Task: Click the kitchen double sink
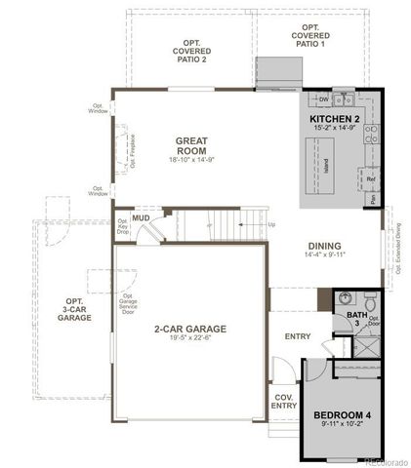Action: pyautogui.click(x=343, y=99)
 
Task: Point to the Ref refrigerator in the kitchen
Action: pyautogui.click(x=371, y=179)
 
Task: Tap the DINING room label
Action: pyautogui.click(x=324, y=246)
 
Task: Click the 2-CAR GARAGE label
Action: pyautogui.click(x=190, y=330)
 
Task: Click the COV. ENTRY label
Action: pyautogui.click(x=283, y=401)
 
